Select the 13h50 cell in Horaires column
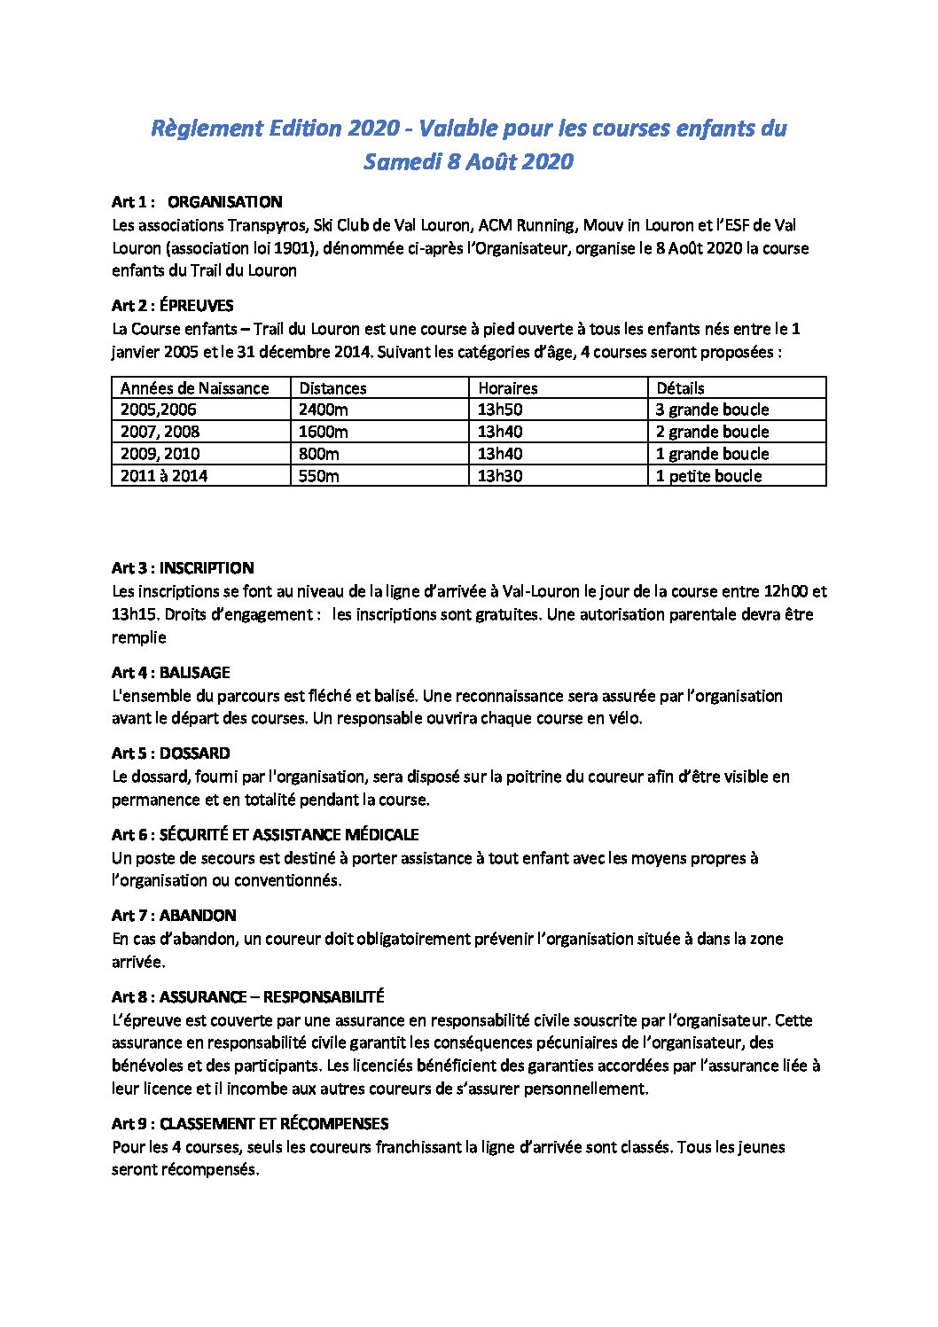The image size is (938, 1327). (x=500, y=410)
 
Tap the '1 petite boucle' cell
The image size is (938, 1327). (x=708, y=476)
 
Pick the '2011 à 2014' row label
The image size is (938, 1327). (x=164, y=476)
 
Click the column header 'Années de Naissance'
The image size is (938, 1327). (x=194, y=388)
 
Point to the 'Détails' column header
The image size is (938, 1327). (x=680, y=388)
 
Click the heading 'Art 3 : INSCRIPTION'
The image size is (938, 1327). (x=183, y=568)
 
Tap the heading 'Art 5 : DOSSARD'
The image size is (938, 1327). (x=171, y=753)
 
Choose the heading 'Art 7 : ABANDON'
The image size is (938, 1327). (x=174, y=916)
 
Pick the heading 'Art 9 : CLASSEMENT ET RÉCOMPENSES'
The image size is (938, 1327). (x=250, y=1124)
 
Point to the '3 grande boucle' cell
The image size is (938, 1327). (x=712, y=410)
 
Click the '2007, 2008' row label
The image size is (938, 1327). (x=160, y=432)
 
